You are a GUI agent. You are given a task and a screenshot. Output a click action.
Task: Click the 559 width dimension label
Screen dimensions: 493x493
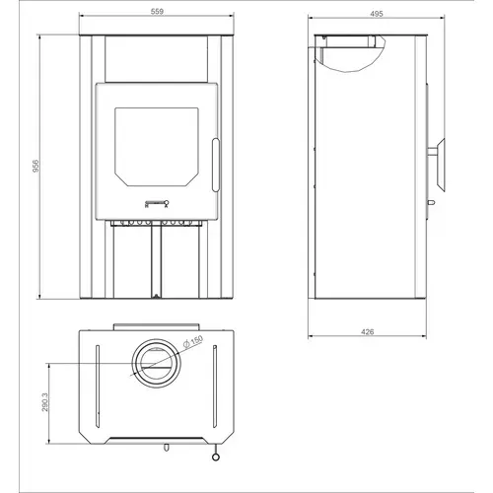coord(157,12)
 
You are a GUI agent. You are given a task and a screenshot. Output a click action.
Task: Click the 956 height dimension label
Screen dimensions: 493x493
coord(35,166)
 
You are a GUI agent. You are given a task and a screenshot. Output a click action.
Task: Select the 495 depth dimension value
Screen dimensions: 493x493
coord(377,14)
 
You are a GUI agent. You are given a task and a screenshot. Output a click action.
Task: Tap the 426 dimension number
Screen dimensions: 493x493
coord(367,332)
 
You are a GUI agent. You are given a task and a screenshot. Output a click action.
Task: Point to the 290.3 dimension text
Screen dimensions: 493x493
coord(44,402)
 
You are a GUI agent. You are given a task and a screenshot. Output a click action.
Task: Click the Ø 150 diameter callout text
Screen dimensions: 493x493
coord(193,342)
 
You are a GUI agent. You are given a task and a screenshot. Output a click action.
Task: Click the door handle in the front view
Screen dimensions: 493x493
coord(216,165)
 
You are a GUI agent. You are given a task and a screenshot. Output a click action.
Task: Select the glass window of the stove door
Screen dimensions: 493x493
coord(157,147)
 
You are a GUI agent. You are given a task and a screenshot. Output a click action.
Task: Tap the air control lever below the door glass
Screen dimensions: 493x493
coord(157,204)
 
